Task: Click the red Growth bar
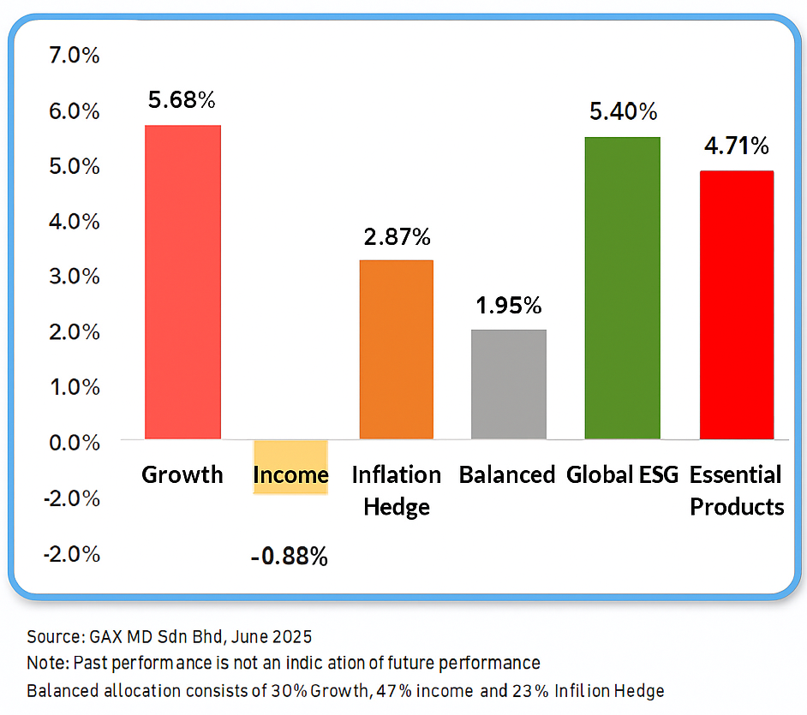point(182,282)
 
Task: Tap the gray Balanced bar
point(509,384)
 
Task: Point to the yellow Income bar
point(290,467)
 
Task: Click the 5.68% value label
point(182,100)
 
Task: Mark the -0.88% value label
point(290,557)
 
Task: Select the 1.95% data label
point(509,306)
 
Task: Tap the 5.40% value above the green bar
point(623,111)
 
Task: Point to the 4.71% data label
point(737,146)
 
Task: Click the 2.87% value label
point(396,236)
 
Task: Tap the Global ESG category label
point(623,475)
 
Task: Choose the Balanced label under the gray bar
point(507,475)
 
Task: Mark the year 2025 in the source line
point(292,637)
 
